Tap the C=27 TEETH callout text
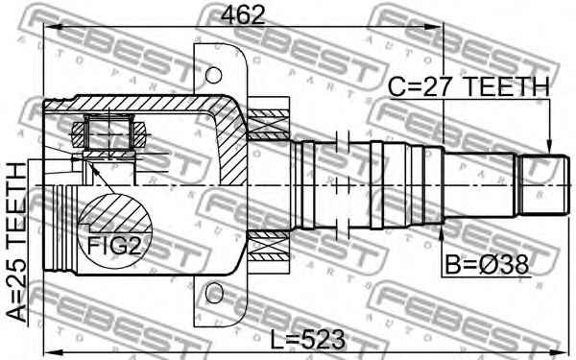pos(468,87)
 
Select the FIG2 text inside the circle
pos(114,246)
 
